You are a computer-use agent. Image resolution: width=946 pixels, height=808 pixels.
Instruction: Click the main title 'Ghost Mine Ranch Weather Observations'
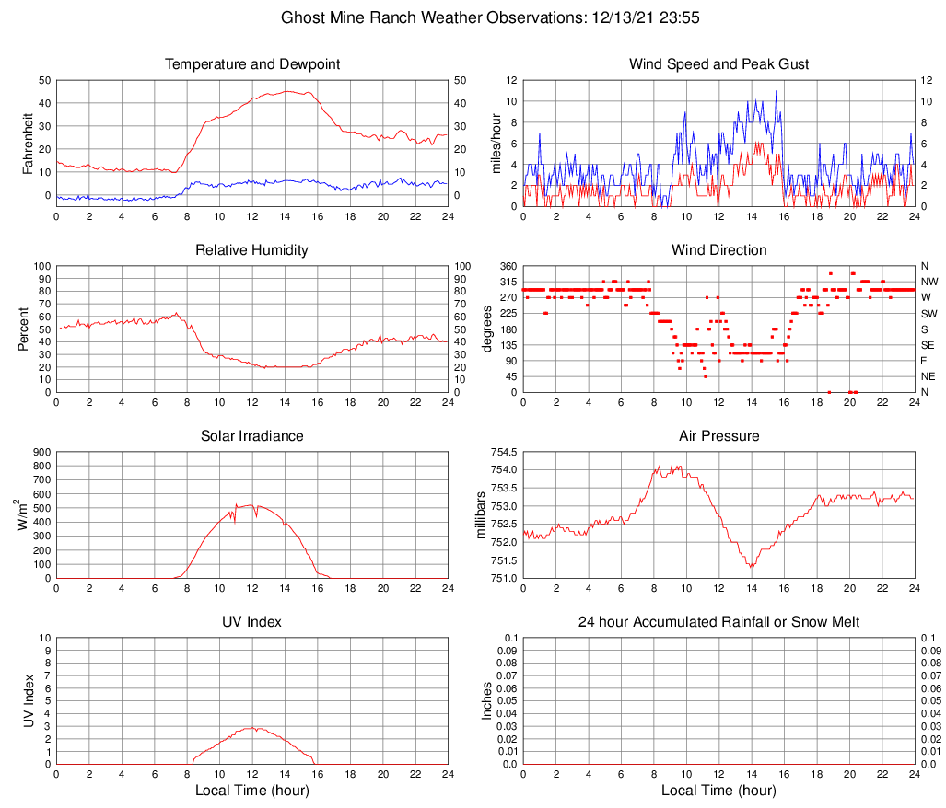pos(473,17)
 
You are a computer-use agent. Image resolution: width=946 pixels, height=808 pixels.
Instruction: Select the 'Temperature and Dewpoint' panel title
pos(252,64)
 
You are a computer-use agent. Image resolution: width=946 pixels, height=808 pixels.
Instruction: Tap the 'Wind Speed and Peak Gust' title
pos(718,64)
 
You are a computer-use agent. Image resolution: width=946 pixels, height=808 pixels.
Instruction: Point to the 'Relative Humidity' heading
pos(252,250)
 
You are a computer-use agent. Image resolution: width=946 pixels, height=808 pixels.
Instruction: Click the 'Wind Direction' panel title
pos(718,250)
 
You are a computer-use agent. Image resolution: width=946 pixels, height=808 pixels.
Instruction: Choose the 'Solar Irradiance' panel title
pos(252,435)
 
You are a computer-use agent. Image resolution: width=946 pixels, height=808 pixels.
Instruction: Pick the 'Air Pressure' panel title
pos(718,435)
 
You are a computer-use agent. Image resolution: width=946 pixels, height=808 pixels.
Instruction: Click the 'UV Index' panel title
pos(252,622)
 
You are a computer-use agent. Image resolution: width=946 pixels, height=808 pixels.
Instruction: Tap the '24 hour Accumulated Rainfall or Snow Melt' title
pos(718,622)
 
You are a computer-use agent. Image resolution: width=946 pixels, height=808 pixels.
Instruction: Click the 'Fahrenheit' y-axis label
pos(28,143)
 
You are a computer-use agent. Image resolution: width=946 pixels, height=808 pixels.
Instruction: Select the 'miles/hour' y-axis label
pos(496,143)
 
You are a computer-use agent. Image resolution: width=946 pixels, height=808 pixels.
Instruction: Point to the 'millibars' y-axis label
pos(479,514)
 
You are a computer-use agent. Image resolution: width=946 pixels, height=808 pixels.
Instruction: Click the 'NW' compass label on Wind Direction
pos(928,282)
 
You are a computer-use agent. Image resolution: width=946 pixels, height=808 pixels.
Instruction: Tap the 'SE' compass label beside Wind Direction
pos(928,345)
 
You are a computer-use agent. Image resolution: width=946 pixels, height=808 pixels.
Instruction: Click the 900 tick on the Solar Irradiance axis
pos(41,452)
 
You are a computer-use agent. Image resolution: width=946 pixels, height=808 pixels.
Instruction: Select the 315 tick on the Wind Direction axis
pos(507,282)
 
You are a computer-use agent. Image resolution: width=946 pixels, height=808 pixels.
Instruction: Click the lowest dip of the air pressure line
pos(752,568)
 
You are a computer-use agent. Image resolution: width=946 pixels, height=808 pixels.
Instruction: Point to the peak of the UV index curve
pos(252,728)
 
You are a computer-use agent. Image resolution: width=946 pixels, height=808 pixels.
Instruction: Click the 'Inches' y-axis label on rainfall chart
pos(487,700)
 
